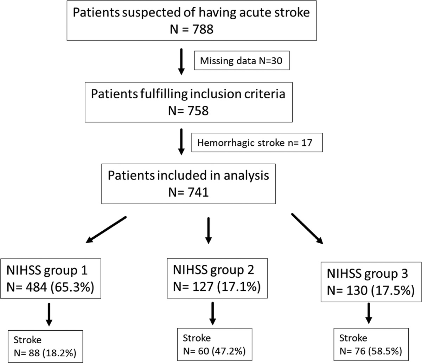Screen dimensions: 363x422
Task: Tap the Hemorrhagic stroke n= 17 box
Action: click(x=257, y=143)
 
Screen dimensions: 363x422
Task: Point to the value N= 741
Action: click(x=188, y=192)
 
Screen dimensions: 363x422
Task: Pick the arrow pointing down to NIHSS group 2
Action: click(x=208, y=230)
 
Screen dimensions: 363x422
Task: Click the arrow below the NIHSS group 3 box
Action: click(x=368, y=313)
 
